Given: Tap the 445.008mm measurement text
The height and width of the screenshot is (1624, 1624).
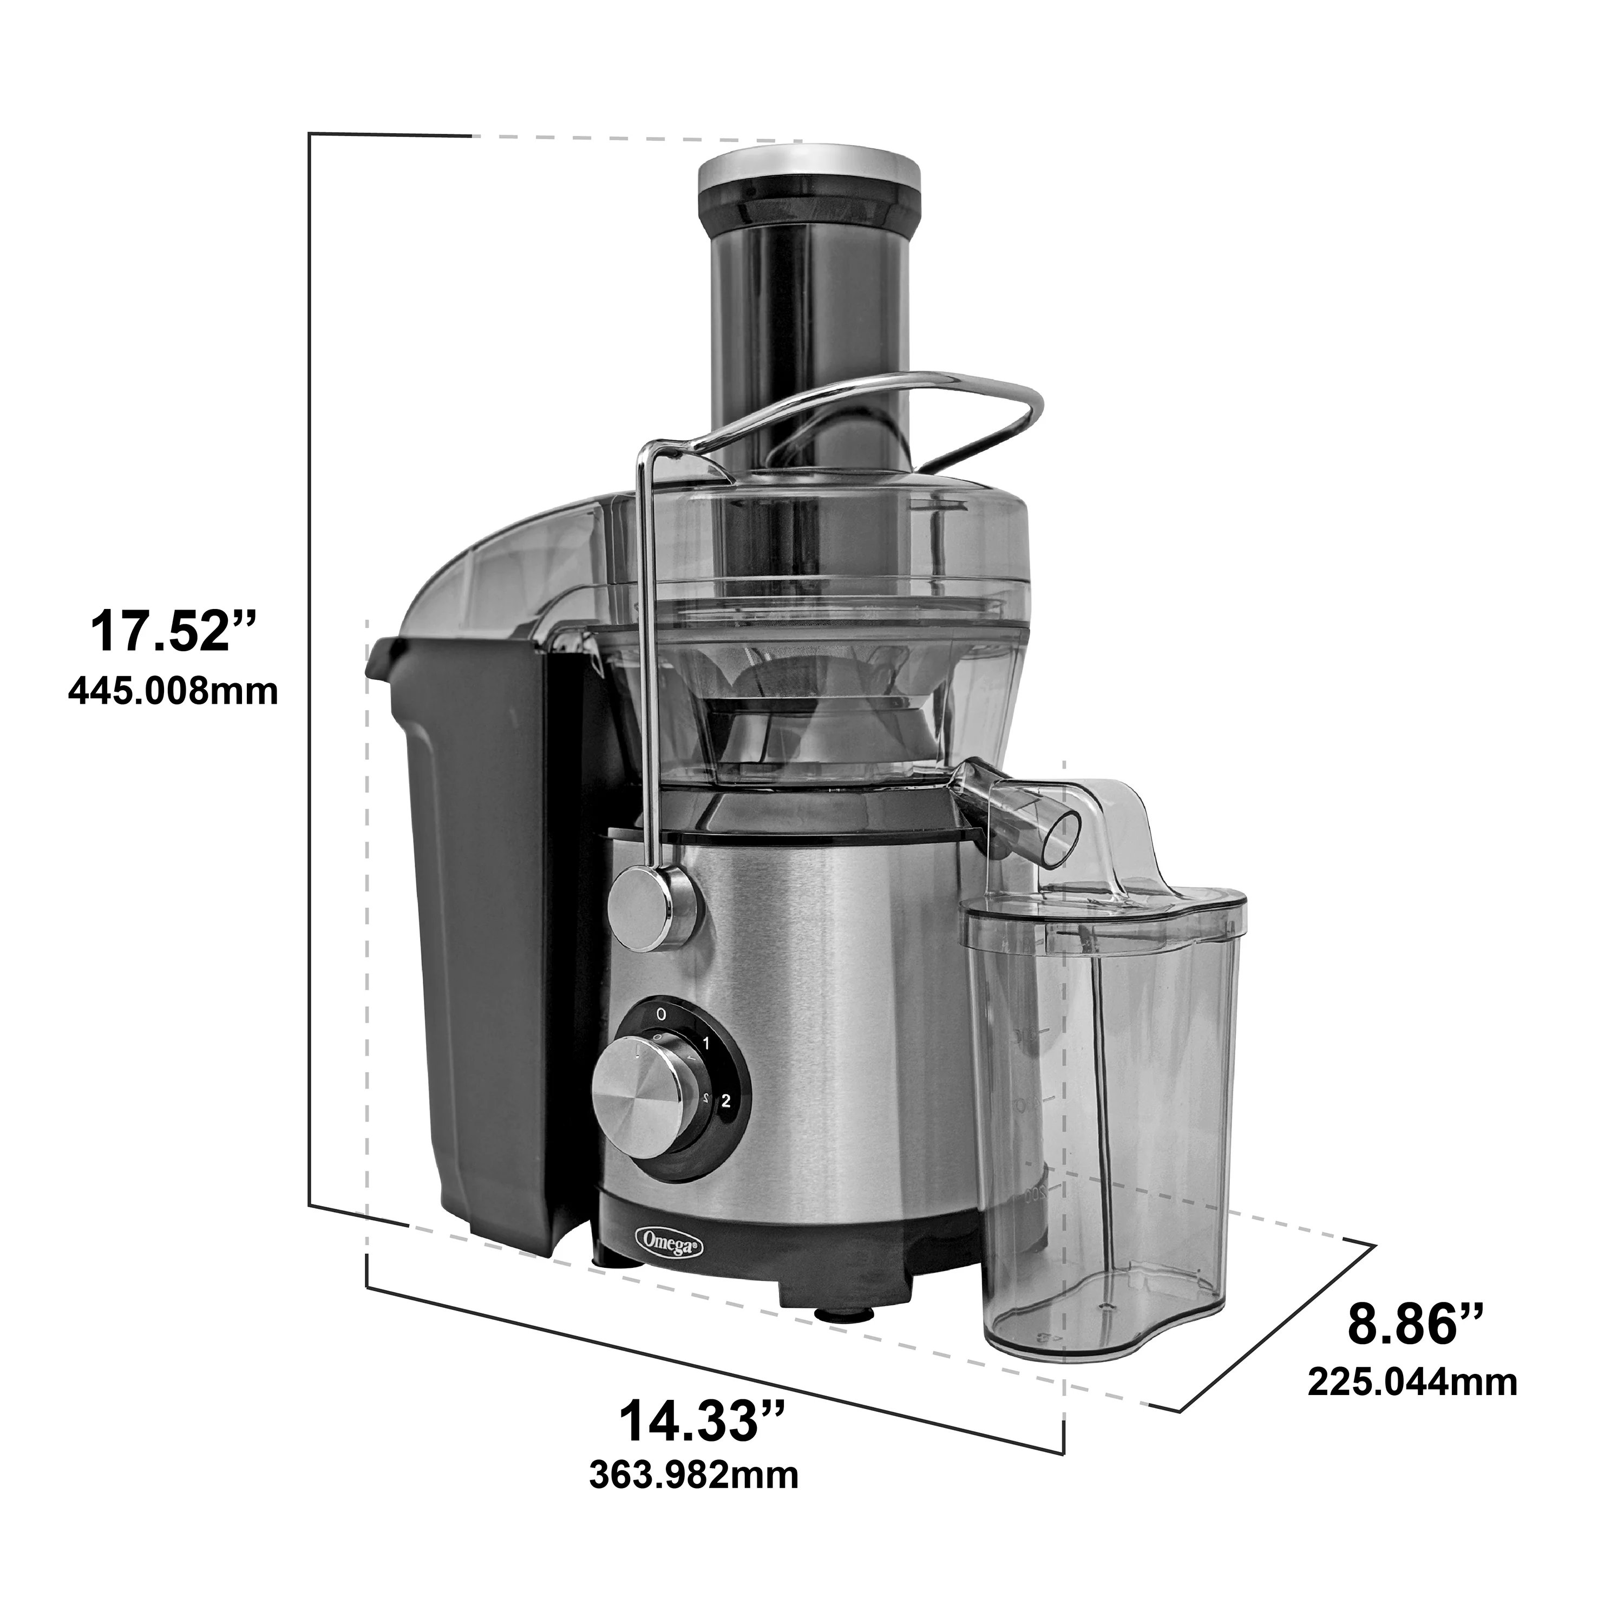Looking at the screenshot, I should point(172,692).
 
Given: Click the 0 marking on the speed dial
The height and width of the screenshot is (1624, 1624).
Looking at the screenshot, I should point(662,1014).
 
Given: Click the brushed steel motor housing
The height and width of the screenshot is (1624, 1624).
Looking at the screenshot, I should point(841,1009).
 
